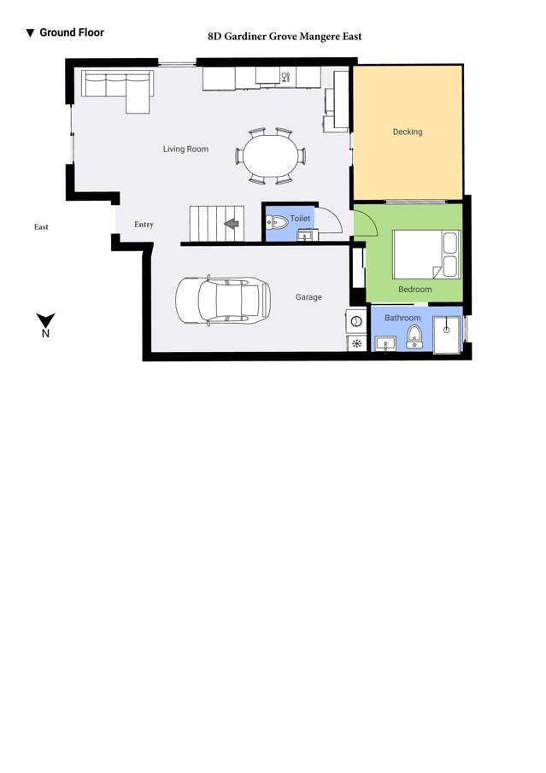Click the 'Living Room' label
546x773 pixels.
[x=185, y=149]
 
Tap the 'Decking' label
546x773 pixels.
[x=408, y=132]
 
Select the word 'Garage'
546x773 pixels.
[x=308, y=297]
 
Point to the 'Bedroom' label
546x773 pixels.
[x=414, y=290]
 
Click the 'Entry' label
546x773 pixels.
[x=144, y=225]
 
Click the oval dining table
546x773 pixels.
[x=271, y=156]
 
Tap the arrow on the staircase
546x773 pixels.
[x=230, y=225]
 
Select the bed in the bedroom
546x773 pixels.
[x=426, y=254]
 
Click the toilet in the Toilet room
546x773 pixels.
[x=278, y=223]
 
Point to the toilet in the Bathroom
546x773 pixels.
[x=414, y=336]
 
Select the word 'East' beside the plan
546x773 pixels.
[x=41, y=227]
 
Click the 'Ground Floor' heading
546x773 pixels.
[x=71, y=32]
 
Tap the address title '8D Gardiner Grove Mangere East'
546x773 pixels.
[x=285, y=37]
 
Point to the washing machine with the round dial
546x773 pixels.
[x=355, y=321]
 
